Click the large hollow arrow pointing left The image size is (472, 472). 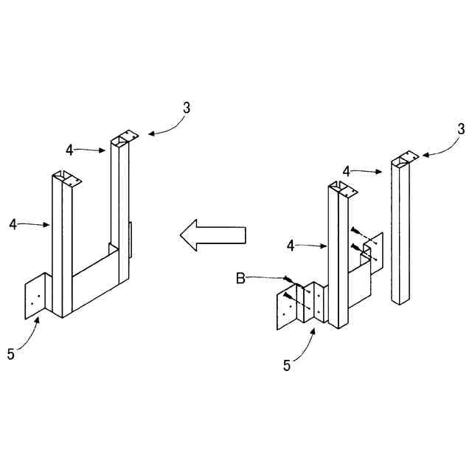(212, 235)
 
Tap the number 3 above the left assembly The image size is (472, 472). (187, 107)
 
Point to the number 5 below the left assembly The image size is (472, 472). (10, 354)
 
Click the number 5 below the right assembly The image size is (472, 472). (288, 364)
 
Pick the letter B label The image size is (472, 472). (240, 278)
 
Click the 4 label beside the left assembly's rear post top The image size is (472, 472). (69, 150)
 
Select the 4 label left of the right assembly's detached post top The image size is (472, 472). (346, 171)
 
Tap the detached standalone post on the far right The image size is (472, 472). (400, 236)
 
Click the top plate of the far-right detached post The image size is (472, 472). (405, 158)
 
